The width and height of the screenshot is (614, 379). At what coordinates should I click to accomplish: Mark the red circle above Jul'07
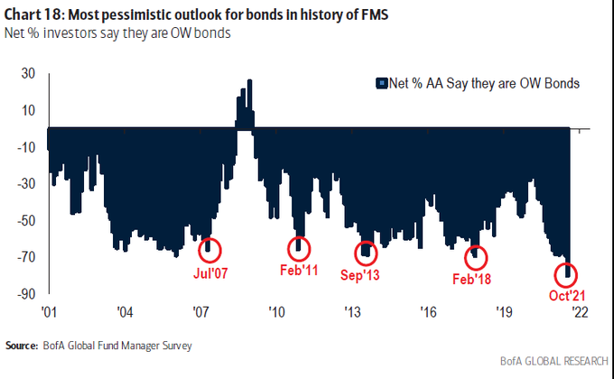(x=210, y=246)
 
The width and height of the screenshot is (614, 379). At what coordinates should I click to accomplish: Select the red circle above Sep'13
(x=367, y=252)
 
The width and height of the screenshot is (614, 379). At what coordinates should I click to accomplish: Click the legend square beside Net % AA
(x=379, y=83)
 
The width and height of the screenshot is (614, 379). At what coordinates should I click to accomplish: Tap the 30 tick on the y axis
(x=29, y=74)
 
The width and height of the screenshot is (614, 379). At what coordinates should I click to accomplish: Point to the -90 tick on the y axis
(x=26, y=294)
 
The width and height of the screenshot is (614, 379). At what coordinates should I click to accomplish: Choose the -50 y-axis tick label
(x=26, y=221)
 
